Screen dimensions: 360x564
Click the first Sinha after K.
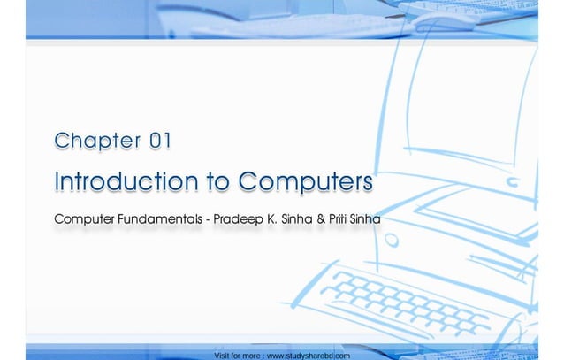click(x=298, y=218)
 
